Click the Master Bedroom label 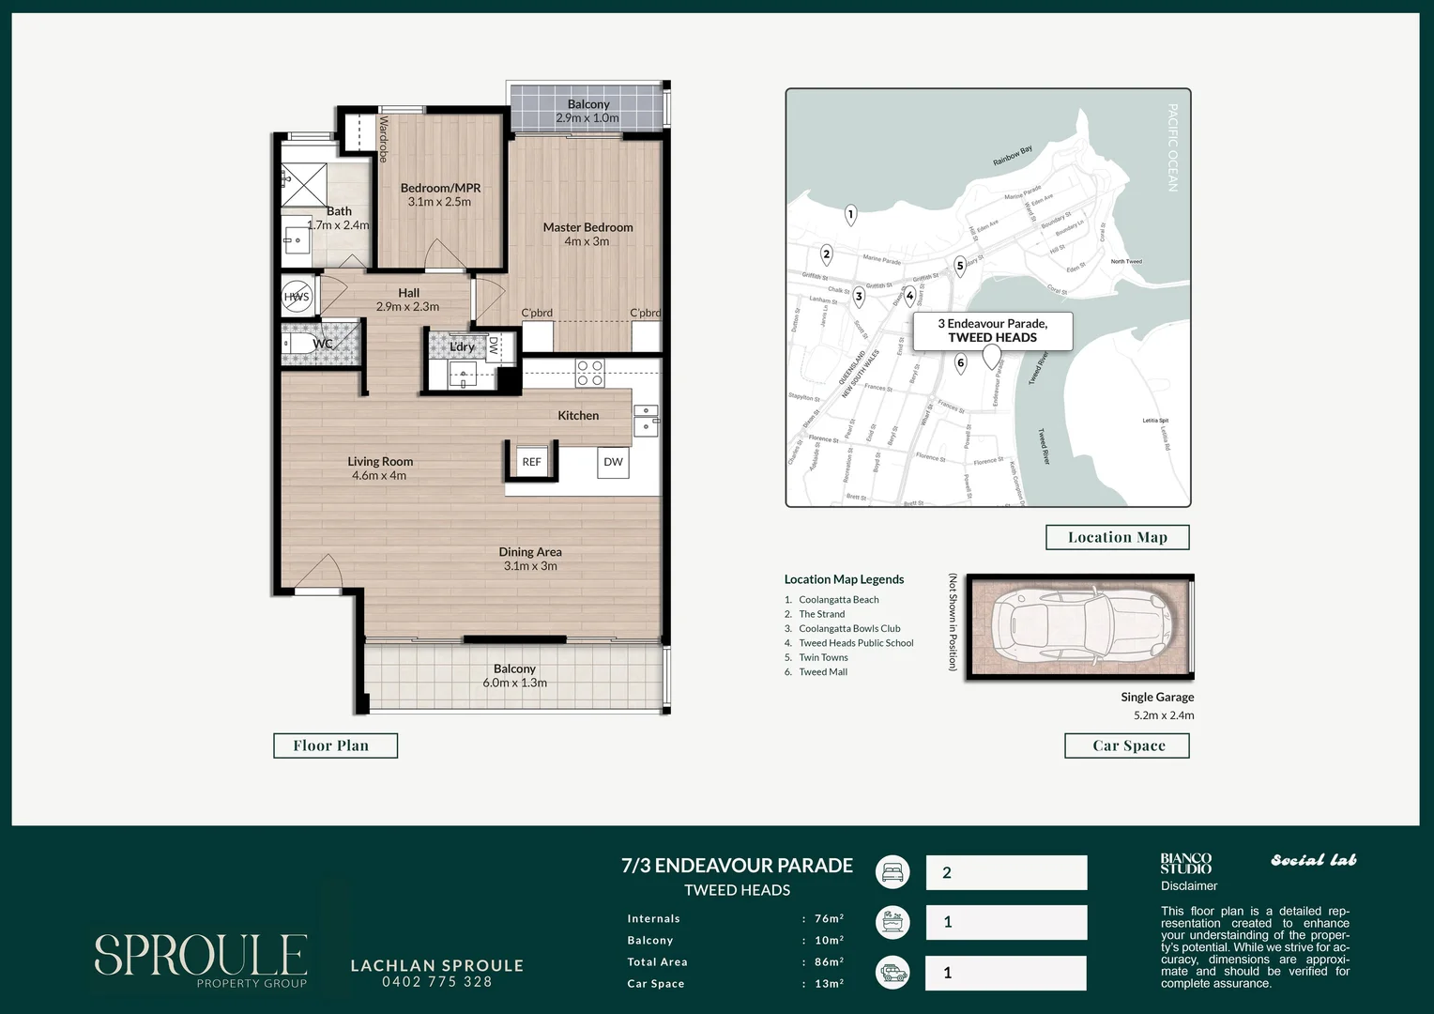[x=587, y=227]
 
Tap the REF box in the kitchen [x=531, y=462]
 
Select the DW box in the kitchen [x=613, y=462]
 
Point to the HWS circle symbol [x=297, y=297]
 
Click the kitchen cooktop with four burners [x=589, y=373]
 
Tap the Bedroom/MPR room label [x=440, y=188]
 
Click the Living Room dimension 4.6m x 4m [x=379, y=476]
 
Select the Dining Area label [x=530, y=552]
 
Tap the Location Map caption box [x=1117, y=537]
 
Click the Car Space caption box [x=1127, y=745]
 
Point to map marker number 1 [x=850, y=215]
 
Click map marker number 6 [x=960, y=363]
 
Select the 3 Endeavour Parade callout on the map [x=992, y=330]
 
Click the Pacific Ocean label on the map [x=1172, y=147]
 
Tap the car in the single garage [x=1079, y=625]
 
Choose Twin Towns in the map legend [x=823, y=657]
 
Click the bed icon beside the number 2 [x=892, y=872]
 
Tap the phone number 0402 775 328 [x=436, y=982]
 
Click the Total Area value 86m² [x=829, y=962]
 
